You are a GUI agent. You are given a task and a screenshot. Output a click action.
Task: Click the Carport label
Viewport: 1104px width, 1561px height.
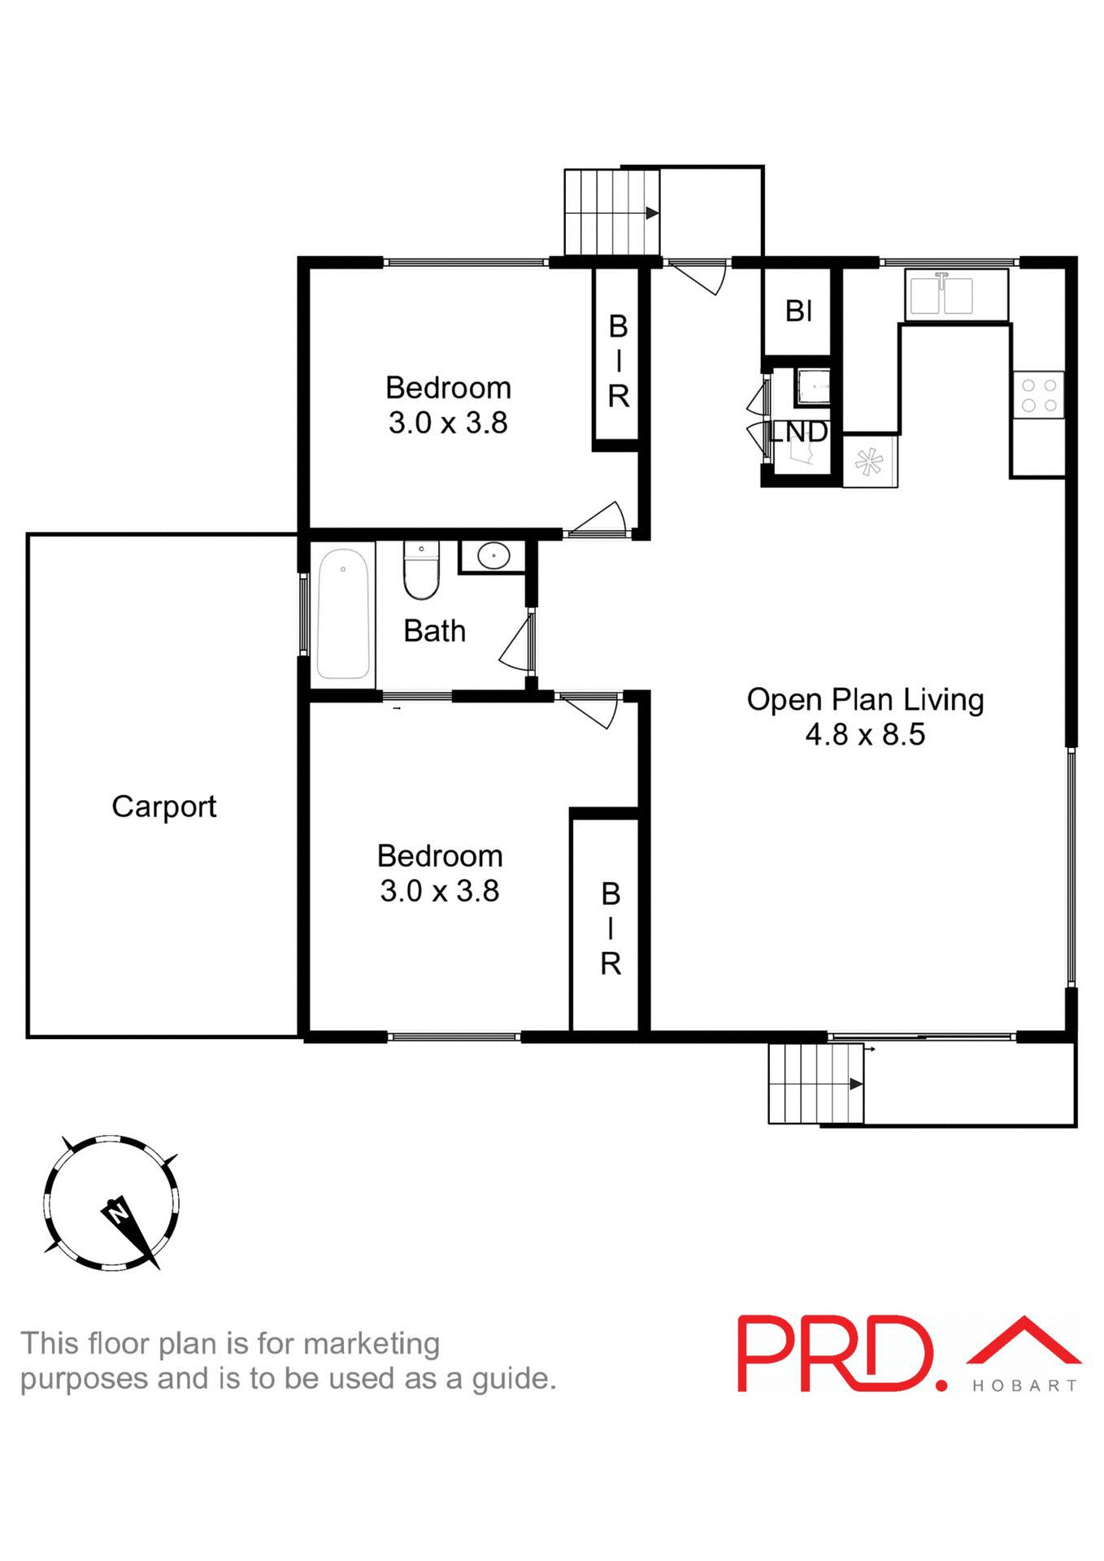tap(163, 807)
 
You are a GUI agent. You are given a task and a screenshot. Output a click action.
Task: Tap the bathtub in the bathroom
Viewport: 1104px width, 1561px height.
tap(343, 614)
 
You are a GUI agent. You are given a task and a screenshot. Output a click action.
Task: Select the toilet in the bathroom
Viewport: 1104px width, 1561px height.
tap(421, 570)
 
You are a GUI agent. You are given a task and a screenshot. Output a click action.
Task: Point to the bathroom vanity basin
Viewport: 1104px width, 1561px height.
tap(493, 556)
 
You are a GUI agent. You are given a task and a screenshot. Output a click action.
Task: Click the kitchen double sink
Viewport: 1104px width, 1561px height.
tap(941, 295)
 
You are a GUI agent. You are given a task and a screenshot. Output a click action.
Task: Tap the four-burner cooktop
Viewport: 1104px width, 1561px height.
tap(1038, 394)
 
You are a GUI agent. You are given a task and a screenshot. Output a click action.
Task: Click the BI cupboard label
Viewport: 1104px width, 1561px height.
tap(798, 311)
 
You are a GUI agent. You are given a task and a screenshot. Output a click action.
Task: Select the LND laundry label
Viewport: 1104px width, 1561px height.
tap(798, 432)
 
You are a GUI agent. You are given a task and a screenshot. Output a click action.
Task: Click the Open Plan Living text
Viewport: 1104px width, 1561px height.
tap(865, 699)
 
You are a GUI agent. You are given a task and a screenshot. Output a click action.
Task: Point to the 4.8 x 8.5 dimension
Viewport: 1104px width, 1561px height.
tap(865, 735)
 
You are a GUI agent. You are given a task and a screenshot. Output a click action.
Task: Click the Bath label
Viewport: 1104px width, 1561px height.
tap(435, 631)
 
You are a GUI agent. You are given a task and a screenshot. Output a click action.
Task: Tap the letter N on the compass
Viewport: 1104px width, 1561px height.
tap(119, 1215)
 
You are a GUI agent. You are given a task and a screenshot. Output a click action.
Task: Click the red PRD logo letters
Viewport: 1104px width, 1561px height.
tap(837, 1354)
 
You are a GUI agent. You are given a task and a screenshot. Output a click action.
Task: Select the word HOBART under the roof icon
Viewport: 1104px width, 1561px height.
tap(1025, 1385)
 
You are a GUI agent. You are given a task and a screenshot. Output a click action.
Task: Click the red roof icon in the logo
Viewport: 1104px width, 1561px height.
tap(1024, 1342)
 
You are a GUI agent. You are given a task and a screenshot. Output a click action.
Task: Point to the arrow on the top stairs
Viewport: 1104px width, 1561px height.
tap(652, 213)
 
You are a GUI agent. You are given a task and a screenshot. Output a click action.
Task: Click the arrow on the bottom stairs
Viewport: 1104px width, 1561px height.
tap(855, 1084)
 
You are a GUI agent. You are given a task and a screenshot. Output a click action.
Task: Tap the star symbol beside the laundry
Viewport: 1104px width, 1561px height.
tap(869, 462)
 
